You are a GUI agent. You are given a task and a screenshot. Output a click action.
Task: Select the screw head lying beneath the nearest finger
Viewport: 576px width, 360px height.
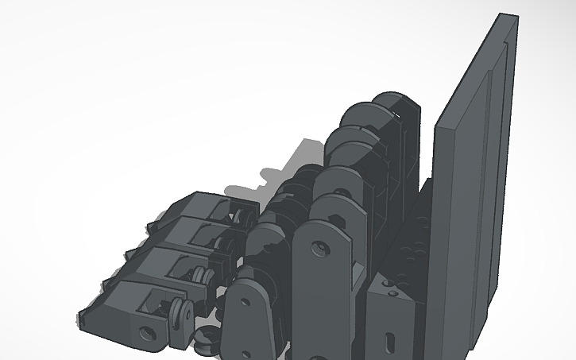coord(206,339)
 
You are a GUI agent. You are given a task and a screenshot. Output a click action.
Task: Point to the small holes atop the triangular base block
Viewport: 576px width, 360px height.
coord(389,283)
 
